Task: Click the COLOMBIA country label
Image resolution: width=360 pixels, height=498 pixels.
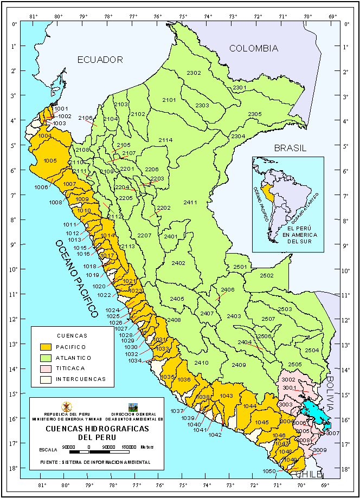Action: coord(254,48)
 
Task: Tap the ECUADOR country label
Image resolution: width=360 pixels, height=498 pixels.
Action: coord(100,60)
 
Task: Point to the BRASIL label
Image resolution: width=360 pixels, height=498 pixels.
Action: coord(290,148)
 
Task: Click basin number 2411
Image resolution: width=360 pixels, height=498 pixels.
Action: coord(190,202)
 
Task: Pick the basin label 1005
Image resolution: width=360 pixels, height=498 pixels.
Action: coord(50,160)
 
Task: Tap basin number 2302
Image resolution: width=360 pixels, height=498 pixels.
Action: coord(194,73)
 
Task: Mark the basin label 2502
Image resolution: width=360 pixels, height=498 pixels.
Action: coord(267,276)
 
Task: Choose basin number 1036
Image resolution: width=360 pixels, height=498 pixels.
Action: coord(184,380)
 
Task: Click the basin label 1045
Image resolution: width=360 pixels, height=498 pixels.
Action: coord(262,422)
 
